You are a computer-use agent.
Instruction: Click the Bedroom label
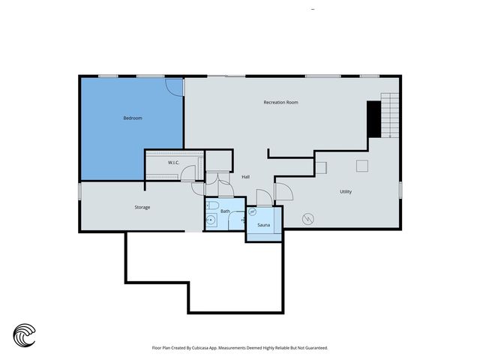pyautogui.click(x=133, y=118)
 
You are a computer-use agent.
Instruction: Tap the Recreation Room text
pyautogui.click(x=280, y=102)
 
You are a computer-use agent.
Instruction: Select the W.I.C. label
pyautogui.click(x=173, y=163)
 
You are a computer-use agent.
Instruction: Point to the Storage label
pyautogui.click(x=142, y=207)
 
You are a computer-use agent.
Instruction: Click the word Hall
pyautogui.click(x=245, y=177)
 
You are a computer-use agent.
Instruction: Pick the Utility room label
pyautogui.click(x=346, y=192)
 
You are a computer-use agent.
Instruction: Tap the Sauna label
pyautogui.click(x=263, y=225)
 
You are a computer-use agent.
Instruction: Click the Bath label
pyautogui.click(x=225, y=211)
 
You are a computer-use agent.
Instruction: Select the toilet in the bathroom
pyautogui.click(x=211, y=205)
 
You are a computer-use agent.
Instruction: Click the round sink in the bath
pyautogui.click(x=211, y=220)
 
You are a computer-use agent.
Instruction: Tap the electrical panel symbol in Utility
pyautogui.click(x=308, y=219)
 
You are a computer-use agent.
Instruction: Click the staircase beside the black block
pyautogui.click(x=390, y=115)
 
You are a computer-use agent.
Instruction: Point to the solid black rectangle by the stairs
pyautogui.click(x=373, y=119)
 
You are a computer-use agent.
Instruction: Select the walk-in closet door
pyautogui.click(x=187, y=173)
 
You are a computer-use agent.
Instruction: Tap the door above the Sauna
pyautogui.click(x=265, y=197)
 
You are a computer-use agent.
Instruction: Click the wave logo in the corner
pyautogui.click(x=24, y=335)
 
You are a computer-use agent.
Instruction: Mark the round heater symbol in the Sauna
pyautogui.click(x=252, y=211)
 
